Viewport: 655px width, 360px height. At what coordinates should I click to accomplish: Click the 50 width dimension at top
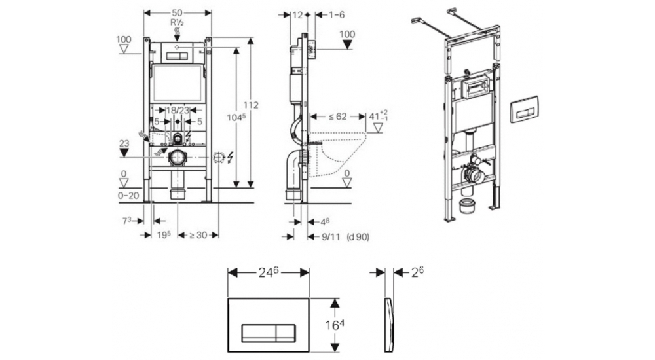(177, 13)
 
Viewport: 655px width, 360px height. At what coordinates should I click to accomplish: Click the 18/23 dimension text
(178, 111)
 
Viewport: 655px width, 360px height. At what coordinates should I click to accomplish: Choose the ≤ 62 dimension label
(337, 118)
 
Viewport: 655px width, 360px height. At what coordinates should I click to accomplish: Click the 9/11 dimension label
(331, 236)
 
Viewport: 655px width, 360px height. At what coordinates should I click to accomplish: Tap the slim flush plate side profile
(388, 324)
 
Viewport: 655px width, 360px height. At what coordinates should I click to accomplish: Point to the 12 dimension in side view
(299, 14)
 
